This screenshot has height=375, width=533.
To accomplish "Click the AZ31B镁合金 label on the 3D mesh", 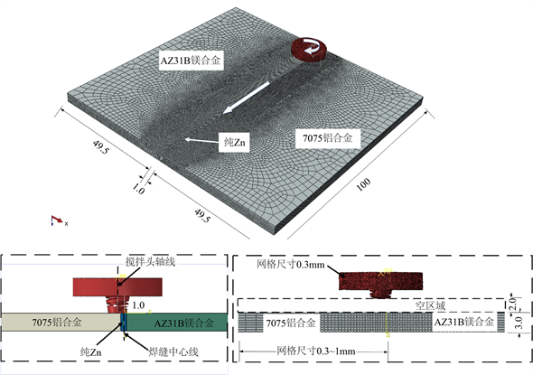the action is (x=191, y=61).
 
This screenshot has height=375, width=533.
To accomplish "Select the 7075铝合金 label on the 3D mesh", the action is (x=327, y=138).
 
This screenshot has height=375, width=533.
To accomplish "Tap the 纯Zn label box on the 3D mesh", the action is (x=235, y=142).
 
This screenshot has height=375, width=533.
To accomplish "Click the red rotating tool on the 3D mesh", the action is (x=309, y=50).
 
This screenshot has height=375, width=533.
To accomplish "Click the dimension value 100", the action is (x=363, y=184).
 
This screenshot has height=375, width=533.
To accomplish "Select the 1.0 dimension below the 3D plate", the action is (x=138, y=189).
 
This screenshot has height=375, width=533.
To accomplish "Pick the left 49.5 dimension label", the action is (x=100, y=147).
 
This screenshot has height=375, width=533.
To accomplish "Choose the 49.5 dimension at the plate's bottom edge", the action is (x=201, y=216).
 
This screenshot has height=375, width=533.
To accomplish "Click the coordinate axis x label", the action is (x=66, y=224).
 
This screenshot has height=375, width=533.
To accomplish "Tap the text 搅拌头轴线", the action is (x=150, y=262).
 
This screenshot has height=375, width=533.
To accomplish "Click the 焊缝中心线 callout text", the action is (x=173, y=352).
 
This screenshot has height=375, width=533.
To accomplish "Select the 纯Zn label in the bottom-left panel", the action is (x=90, y=352).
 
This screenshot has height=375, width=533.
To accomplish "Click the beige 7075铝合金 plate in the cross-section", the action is (x=61, y=323).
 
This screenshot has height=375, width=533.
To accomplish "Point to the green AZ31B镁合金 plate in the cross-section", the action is (x=177, y=323).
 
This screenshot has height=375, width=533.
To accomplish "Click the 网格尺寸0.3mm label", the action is (x=291, y=264).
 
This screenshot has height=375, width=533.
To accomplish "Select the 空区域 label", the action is (x=430, y=305).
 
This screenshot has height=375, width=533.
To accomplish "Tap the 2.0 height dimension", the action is (x=514, y=304).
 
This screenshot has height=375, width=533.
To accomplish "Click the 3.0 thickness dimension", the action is (x=519, y=323).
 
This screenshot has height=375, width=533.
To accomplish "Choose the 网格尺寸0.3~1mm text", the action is (x=316, y=351).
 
